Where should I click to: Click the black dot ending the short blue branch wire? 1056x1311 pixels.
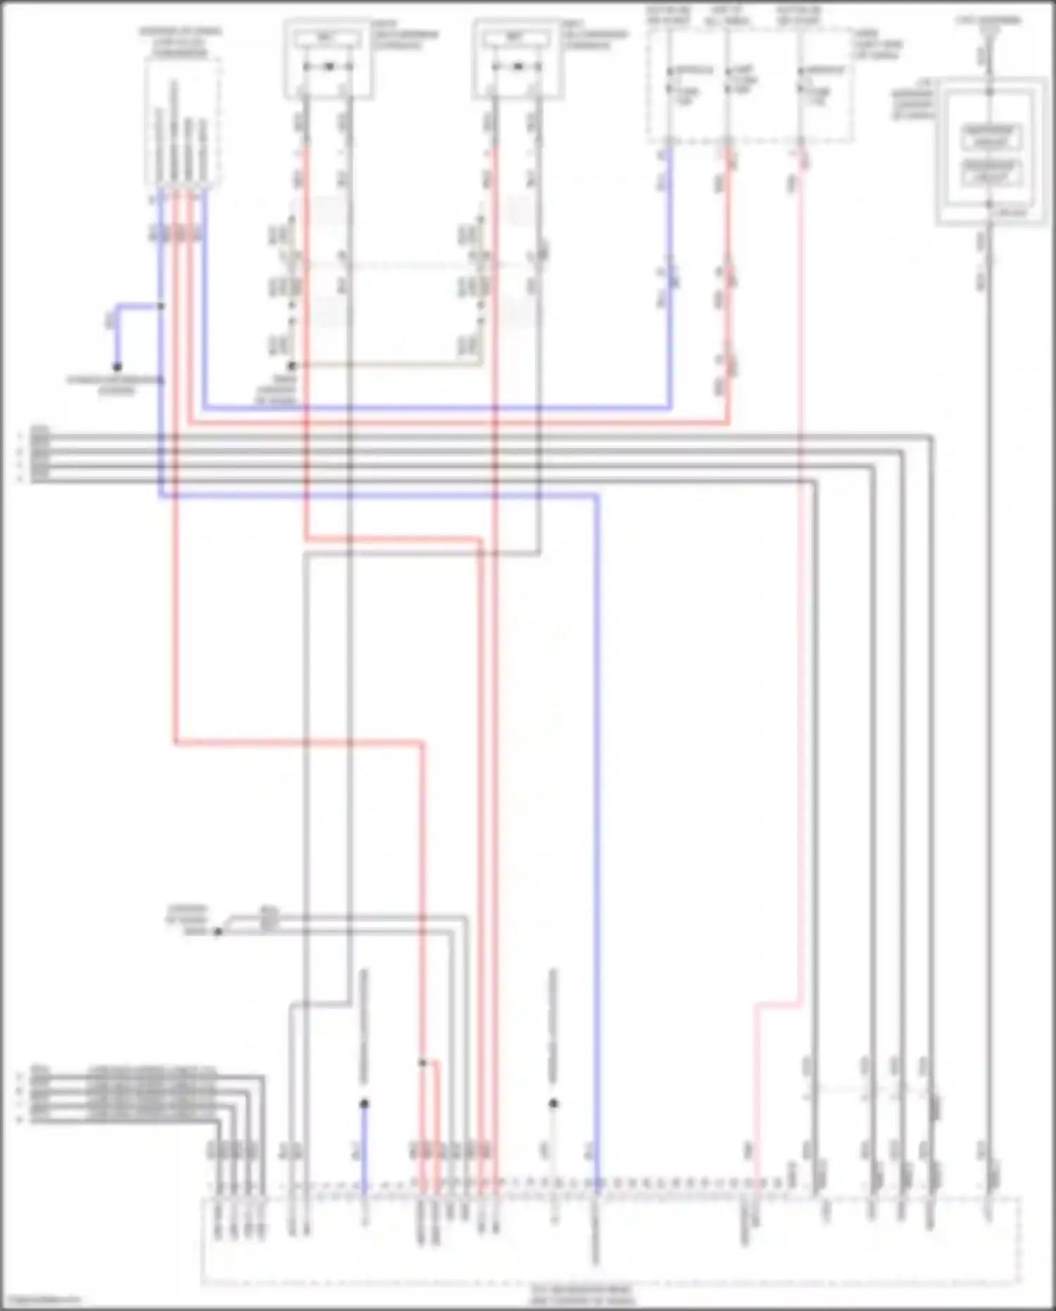[117, 367]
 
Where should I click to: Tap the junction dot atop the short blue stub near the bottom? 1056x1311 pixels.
[364, 1104]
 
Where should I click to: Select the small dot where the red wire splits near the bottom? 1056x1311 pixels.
[422, 1063]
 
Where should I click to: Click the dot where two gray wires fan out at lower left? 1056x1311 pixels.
[218, 931]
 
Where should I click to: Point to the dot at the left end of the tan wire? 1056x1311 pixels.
[292, 366]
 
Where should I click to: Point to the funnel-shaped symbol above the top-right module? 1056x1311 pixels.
[988, 35]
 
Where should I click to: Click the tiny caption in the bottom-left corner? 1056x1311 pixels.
[41, 1300]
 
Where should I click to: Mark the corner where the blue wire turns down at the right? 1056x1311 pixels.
[597, 497]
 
